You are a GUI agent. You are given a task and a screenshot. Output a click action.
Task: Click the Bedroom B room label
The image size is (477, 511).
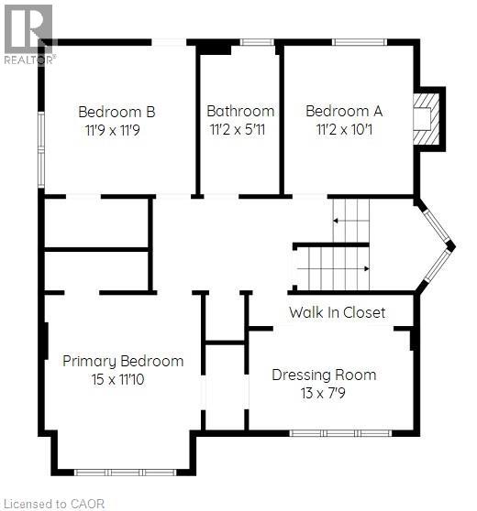click(116, 112)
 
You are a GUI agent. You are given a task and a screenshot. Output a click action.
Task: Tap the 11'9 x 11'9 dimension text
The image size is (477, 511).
click(116, 130)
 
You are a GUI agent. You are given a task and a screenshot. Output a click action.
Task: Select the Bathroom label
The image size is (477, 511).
click(240, 112)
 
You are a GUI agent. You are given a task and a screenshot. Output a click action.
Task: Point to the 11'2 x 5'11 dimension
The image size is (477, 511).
click(240, 130)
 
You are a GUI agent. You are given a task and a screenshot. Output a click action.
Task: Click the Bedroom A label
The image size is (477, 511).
click(344, 112)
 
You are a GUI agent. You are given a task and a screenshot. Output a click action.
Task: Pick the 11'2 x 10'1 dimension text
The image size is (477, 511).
click(344, 130)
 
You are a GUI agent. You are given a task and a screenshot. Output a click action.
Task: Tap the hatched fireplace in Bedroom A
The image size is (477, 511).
click(426, 117)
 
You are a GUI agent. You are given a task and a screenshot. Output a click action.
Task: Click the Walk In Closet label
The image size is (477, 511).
click(337, 312)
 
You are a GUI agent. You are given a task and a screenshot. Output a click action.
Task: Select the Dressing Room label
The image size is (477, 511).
click(324, 375)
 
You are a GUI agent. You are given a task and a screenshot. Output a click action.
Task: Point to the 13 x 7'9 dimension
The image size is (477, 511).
click(324, 393)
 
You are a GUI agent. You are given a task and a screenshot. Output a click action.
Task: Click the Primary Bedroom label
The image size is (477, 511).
click(123, 361)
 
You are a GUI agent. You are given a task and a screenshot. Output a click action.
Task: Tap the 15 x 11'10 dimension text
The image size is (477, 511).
click(123, 379)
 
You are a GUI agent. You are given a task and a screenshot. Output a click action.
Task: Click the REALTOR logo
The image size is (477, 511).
click(28, 33)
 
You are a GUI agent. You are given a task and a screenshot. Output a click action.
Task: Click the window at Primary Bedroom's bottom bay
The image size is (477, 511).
click(125, 472)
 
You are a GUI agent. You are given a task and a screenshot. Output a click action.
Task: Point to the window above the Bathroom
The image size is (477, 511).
click(256, 42)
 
